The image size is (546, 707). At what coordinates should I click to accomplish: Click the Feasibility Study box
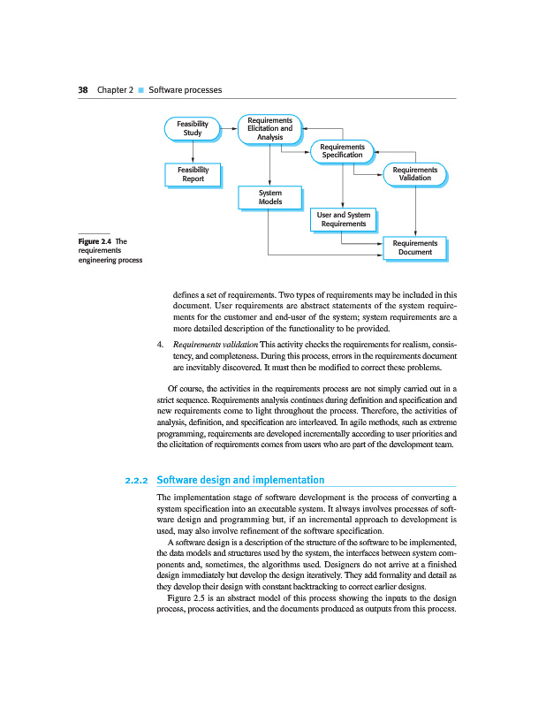(x=193, y=128)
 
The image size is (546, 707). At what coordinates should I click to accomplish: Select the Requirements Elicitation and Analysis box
(x=269, y=128)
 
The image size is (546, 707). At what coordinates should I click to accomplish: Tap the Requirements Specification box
(x=342, y=151)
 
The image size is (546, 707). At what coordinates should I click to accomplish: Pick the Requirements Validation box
(x=414, y=173)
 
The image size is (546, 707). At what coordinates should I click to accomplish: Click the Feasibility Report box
(x=193, y=173)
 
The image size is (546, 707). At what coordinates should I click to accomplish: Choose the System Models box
(x=269, y=197)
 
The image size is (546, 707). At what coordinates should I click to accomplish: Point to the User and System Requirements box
(x=343, y=219)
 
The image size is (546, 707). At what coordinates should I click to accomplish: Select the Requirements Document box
(x=414, y=247)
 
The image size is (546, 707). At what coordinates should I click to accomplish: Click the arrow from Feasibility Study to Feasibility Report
(x=193, y=151)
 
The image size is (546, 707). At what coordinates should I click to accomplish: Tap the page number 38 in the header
(x=82, y=90)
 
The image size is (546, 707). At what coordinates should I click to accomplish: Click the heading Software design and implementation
(x=240, y=480)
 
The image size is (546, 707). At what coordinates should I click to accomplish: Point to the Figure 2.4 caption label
(x=96, y=240)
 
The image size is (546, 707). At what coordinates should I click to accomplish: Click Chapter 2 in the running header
(x=115, y=90)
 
